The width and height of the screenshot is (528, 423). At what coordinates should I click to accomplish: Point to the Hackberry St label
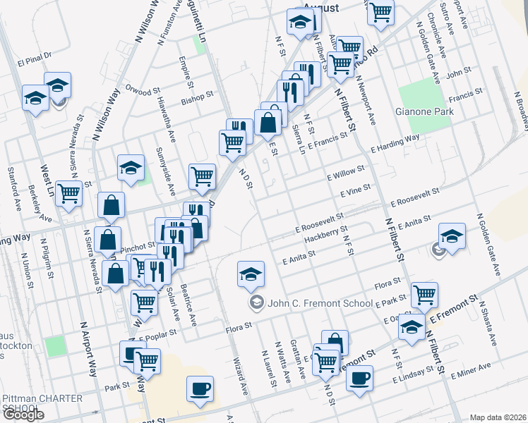tap(326, 233)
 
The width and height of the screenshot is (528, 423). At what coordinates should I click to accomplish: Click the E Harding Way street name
tap(395, 143)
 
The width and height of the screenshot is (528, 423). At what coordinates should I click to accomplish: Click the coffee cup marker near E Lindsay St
tap(359, 377)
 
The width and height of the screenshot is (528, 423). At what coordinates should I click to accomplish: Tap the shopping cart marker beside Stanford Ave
tap(69, 192)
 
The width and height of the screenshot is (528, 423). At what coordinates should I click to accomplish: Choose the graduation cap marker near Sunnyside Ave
tap(131, 168)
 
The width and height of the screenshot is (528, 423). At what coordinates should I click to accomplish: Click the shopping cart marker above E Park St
tap(424, 293)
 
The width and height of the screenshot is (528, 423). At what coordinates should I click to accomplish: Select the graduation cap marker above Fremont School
tap(251, 275)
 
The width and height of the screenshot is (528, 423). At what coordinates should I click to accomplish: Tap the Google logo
tap(23, 415)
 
